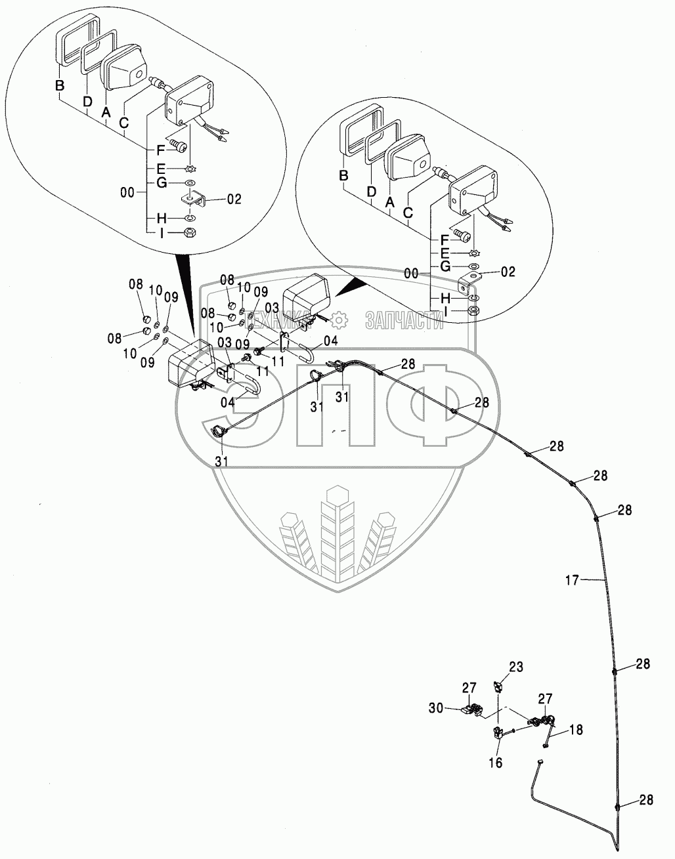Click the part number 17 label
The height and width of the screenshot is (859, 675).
pos(572,579)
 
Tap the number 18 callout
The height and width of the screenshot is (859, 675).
pos(575,730)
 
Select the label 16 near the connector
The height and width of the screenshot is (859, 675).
pos(496,763)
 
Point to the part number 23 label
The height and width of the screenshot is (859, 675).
pos(516,668)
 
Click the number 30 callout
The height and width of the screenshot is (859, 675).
pos(454,708)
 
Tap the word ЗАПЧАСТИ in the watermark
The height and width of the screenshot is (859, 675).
pos(404,320)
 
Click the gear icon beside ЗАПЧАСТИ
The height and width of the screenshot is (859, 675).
pos(339,319)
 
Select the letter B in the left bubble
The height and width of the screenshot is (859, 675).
pos(59,85)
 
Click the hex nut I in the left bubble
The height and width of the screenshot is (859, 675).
pos(189,232)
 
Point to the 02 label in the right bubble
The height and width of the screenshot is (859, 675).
pos(508,271)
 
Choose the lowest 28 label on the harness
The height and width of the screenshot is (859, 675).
pos(647,800)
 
